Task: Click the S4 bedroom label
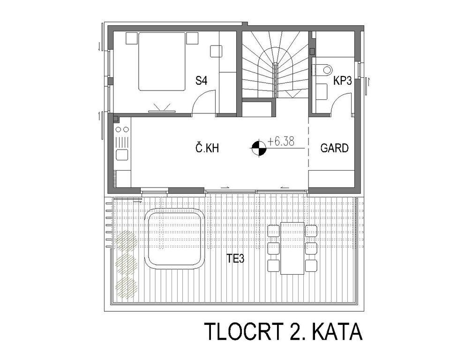[201, 81]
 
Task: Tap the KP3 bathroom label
[342, 81]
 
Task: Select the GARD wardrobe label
[334, 148]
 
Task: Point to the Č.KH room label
[207, 148]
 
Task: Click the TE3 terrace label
[235, 259]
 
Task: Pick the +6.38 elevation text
[281, 141]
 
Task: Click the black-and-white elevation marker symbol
[259, 148]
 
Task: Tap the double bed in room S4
[162, 61]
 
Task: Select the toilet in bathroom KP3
[324, 69]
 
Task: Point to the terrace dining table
[292, 248]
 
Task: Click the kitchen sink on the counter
[122, 154]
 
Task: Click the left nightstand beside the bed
[132, 38]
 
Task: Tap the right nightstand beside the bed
[192, 38]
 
